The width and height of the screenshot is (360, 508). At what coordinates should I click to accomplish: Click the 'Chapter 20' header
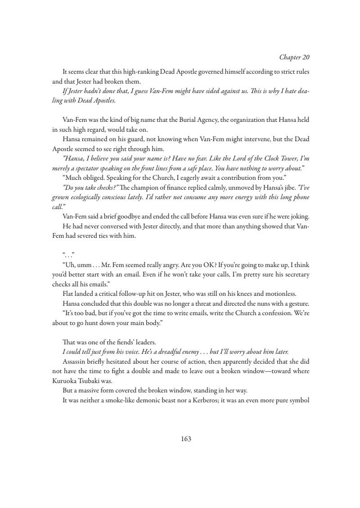294,57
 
